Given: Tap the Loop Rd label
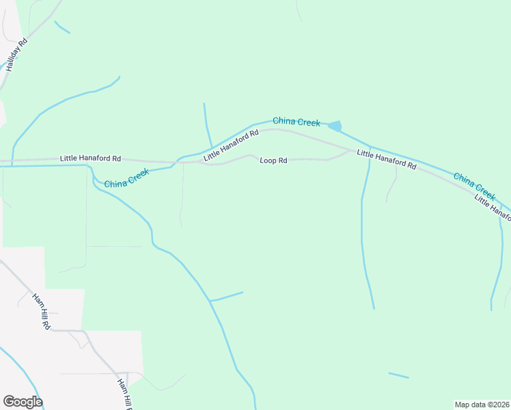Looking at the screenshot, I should [x=273, y=161].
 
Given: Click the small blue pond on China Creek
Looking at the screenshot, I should [x=335, y=126].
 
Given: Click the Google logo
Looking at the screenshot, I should [x=23, y=402].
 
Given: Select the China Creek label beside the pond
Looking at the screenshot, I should [x=296, y=122].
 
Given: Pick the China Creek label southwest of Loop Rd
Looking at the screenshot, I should [x=126, y=180].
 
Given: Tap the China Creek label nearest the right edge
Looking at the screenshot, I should [x=474, y=182].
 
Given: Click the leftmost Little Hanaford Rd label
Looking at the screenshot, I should [x=90, y=159].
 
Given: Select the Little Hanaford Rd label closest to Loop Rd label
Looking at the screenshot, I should [x=231, y=146].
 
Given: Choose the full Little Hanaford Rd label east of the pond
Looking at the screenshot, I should [x=386, y=160].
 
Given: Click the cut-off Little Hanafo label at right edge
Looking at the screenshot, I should [x=493, y=207].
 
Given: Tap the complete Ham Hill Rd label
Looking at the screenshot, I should [x=42, y=312].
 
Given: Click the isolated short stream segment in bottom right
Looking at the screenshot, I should [x=398, y=375].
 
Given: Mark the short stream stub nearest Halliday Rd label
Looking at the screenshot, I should [x=61, y=27].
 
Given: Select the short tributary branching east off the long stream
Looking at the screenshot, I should [x=226, y=297].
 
